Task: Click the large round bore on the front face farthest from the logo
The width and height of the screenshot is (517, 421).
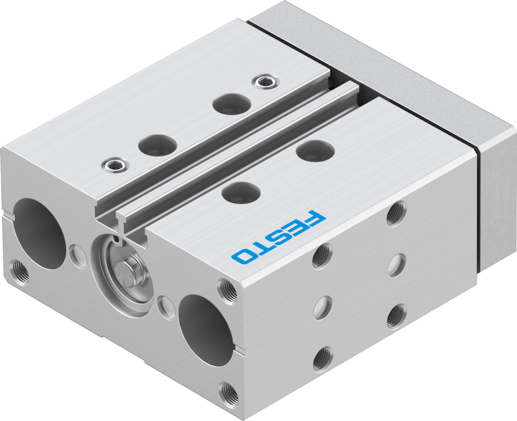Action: click(x=40, y=233)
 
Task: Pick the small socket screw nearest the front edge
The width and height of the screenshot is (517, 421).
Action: click(x=115, y=164)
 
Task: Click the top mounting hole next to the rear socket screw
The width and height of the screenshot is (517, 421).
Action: click(x=232, y=103)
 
